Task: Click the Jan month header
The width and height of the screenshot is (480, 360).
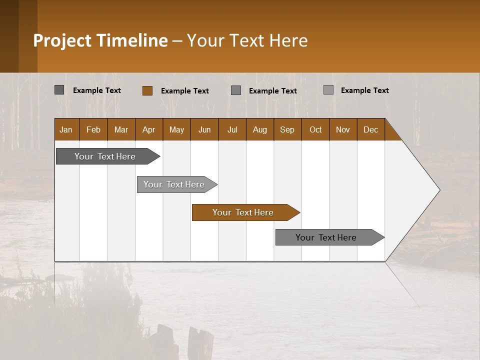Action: (x=66, y=129)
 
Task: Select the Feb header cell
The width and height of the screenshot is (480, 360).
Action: (x=93, y=129)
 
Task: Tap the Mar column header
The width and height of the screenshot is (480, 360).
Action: (x=121, y=129)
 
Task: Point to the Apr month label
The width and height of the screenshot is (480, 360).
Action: (x=149, y=129)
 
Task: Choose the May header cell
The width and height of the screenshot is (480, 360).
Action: (x=176, y=129)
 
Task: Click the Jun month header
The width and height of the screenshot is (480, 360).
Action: (x=204, y=129)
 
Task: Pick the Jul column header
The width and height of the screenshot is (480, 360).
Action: (x=232, y=129)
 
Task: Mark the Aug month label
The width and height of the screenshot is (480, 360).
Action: (x=260, y=129)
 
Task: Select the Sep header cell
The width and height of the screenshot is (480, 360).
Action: (x=287, y=129)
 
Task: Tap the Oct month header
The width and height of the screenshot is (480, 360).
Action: (x=315, y=129)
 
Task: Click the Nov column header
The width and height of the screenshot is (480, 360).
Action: (x=343, y=129)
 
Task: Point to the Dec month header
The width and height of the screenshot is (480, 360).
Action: (x=371, y=129)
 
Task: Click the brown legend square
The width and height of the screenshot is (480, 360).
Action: (x=147, y=90)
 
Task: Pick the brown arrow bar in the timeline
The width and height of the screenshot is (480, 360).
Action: (x=243, y=212)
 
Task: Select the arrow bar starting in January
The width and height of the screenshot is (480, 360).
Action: (x=105, y=156)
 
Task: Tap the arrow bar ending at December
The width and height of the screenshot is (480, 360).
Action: (x=326, y=237)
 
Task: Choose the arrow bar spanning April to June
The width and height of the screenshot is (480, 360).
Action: (x=174, y=184)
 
